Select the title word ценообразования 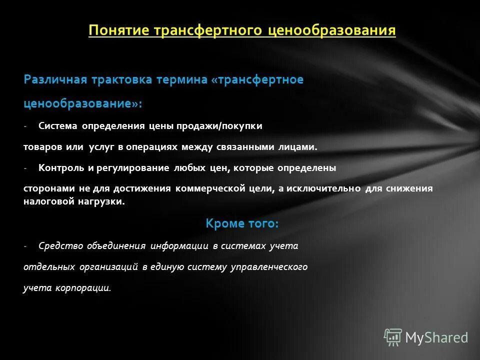(x=331, y=30)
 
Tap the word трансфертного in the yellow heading (x=208, y=30)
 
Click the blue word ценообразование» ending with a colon (x=82, y=103)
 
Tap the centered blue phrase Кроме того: (x=242, y=223)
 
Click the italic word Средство (x=55, y=245)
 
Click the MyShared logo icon (x=392, y=337)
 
